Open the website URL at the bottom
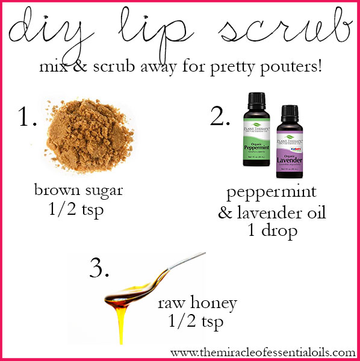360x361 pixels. [262, 350]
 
